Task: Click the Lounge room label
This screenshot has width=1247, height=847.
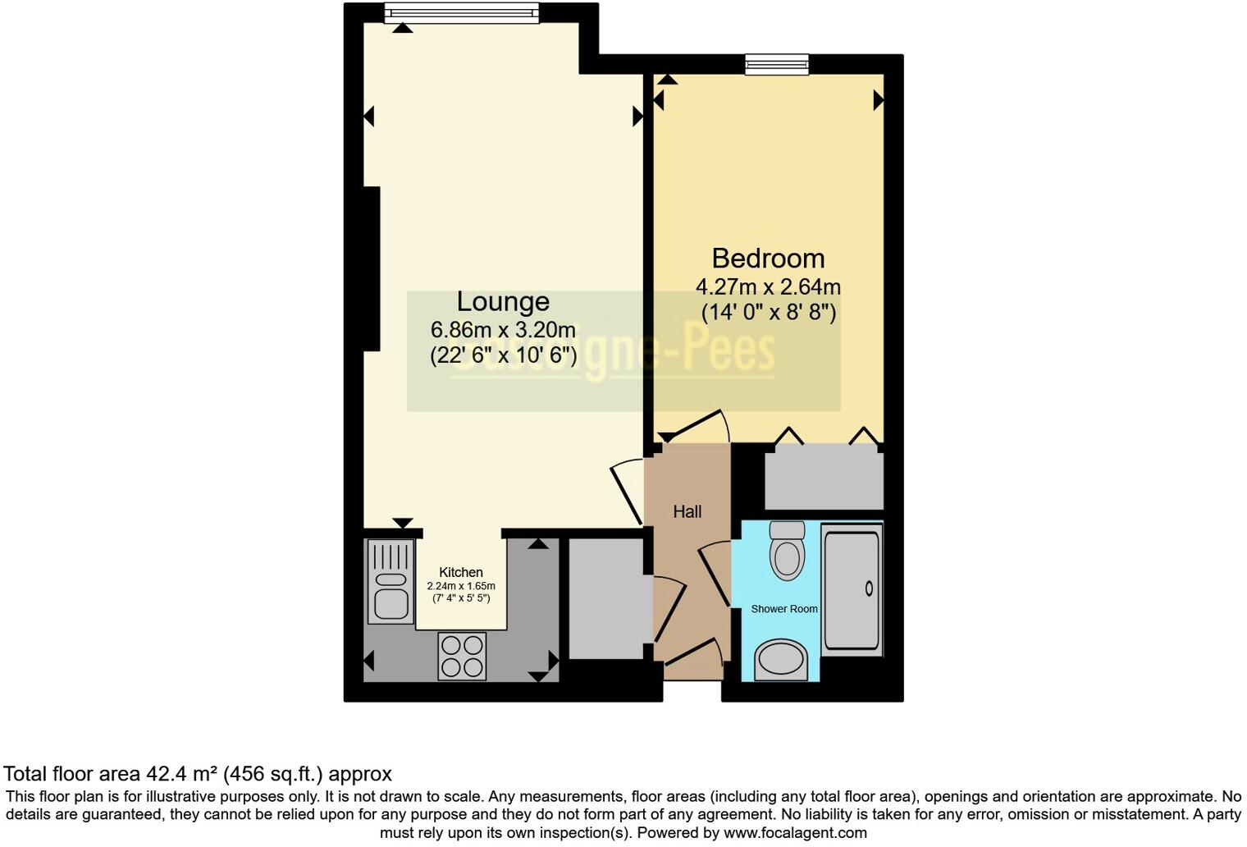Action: [x=502, y=301]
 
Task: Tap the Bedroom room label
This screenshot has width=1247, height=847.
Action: [x=768, y=259]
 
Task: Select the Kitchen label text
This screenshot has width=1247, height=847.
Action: [x=461, y=572]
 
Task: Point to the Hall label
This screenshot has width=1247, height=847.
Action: [x=687, y=512]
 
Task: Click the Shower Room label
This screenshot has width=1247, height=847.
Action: [x=784, y=609]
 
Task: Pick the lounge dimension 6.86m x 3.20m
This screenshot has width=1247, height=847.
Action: [x=503, y=330]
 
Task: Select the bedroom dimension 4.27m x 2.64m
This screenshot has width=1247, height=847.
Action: [x=768, y=287]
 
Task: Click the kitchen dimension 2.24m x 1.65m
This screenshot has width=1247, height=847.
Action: [x=461, y=586]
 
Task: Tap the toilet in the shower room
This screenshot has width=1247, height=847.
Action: [x=788, y=552]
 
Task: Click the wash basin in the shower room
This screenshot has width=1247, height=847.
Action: [x=781, y=661]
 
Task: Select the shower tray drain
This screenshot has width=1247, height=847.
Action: [x=869, y=588]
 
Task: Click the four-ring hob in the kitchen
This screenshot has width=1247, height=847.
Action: [x=462, y=656]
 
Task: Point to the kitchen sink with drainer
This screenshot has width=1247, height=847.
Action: [x=391, y=581]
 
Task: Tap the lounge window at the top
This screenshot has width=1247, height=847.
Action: [x=462, y=11]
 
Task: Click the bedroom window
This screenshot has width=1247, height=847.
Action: [x=776, y=64]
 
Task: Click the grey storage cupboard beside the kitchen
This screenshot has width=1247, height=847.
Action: [x=606, y=598]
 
